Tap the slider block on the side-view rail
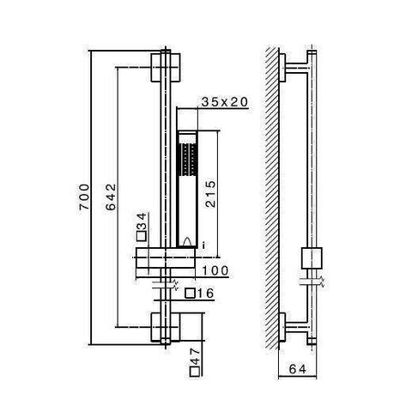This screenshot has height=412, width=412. pyautogui.click(x=311, y=258)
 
